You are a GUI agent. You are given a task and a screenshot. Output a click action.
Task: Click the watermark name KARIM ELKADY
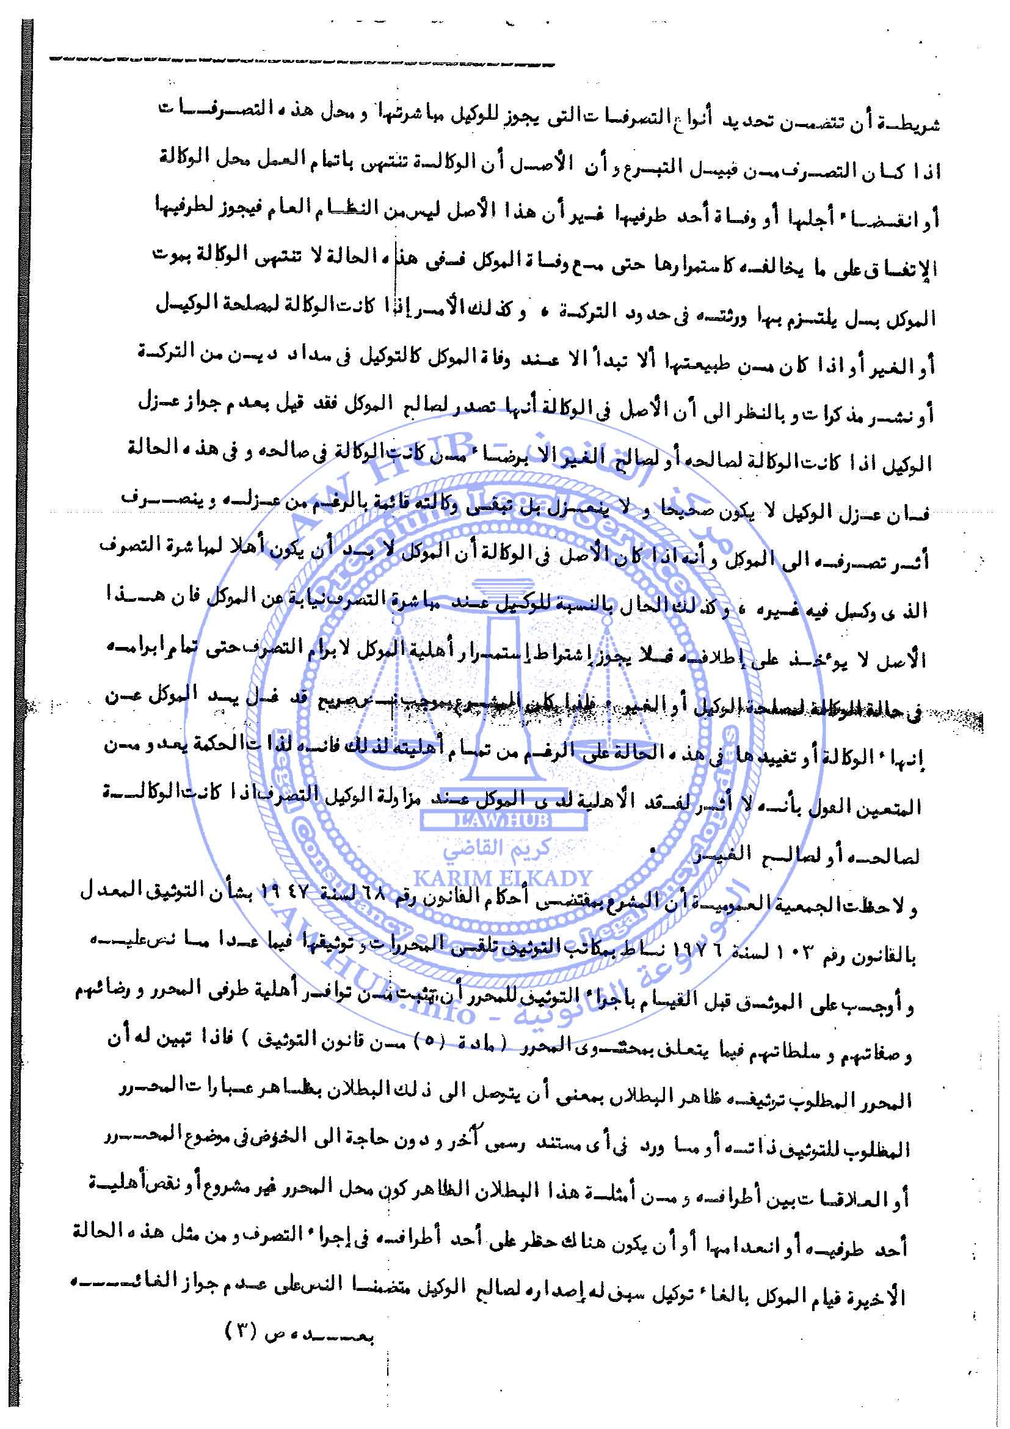(x=503, y=877)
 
